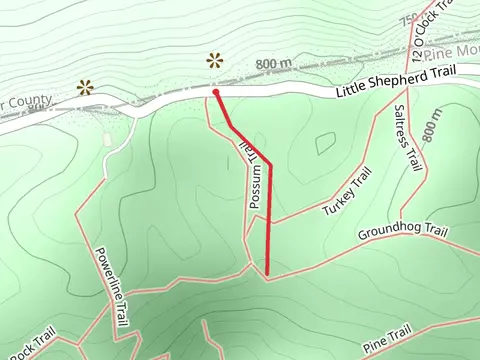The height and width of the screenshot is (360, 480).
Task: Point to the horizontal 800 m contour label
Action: (272, 65)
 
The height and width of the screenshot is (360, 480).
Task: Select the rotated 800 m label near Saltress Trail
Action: (432, 123)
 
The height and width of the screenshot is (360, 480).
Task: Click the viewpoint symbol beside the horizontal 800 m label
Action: (215, 60)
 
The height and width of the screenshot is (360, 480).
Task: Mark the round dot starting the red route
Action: (215, 92)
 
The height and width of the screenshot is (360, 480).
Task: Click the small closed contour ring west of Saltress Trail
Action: (325, 143)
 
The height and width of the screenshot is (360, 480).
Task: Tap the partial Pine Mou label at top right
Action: (455, 51)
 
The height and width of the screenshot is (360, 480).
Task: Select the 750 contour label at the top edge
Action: (408, 19)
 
